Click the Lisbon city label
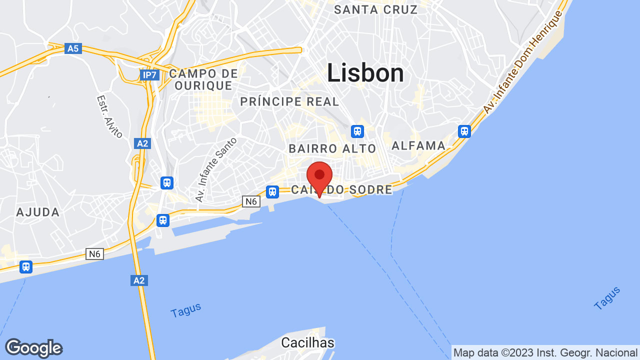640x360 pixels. pos(365,73)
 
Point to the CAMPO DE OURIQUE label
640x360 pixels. pos(203,79)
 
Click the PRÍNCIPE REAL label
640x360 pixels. pos(289,102)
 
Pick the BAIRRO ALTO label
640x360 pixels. pos(332,148)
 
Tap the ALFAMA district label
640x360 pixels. pos(418,145)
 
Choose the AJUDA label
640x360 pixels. pos(38,212)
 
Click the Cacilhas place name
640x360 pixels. pos(307,343)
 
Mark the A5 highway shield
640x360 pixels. pos(73,48)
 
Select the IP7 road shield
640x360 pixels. pos(149,75)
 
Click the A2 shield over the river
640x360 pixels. pos(139,280)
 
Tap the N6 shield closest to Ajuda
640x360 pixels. pos(94,254)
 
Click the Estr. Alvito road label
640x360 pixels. pos(109,116)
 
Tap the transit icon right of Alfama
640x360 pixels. pos(464,131)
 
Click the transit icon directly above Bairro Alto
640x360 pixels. pos(357,131)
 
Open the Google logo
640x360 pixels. pos(33,348)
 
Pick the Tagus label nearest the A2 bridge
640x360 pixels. pos(185,310)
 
